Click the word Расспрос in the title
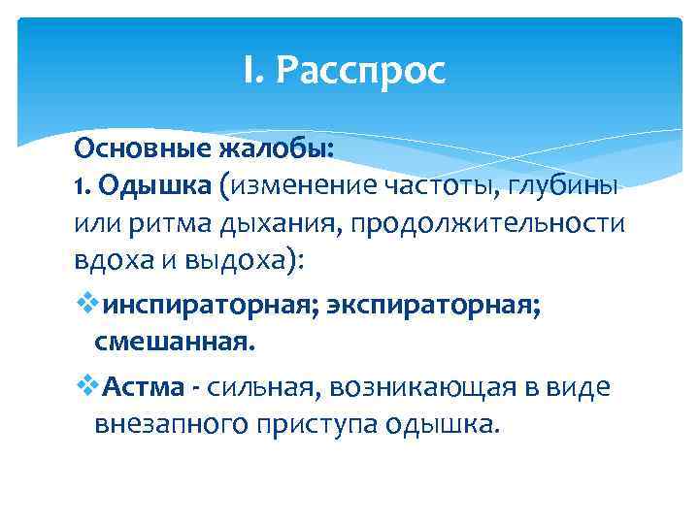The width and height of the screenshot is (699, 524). [361, 70]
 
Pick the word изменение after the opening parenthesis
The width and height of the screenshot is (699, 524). [295, 187]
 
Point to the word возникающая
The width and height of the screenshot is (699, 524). [428, 387]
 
